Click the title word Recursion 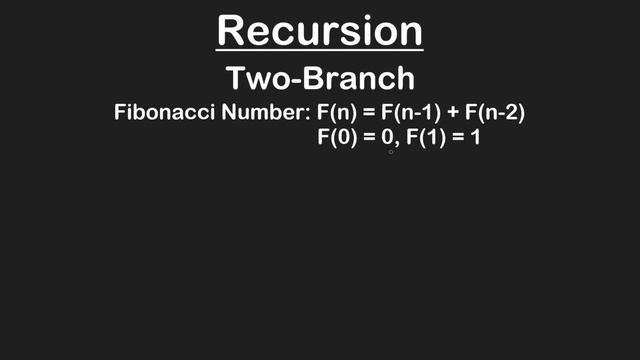coord(320,29)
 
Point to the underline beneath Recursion coord(320,49)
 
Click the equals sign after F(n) coord(368,112)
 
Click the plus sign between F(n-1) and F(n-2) coord(453,112)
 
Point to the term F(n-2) coord(495,112)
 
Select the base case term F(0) coord(338,137)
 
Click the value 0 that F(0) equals coord(388,137)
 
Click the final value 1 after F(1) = coord(475,137)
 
